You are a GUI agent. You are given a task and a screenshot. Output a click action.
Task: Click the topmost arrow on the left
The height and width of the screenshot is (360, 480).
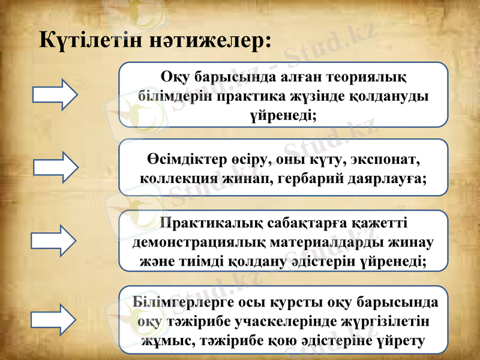click(x=55, y=94)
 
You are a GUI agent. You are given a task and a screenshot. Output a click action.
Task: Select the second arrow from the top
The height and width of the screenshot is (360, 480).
click(x=55, y=167)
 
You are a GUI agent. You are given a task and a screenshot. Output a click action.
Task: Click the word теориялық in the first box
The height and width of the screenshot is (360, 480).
click(x=365, y=78)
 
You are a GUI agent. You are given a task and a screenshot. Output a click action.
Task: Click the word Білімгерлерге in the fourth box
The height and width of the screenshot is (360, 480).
click(x=175, y=301)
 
